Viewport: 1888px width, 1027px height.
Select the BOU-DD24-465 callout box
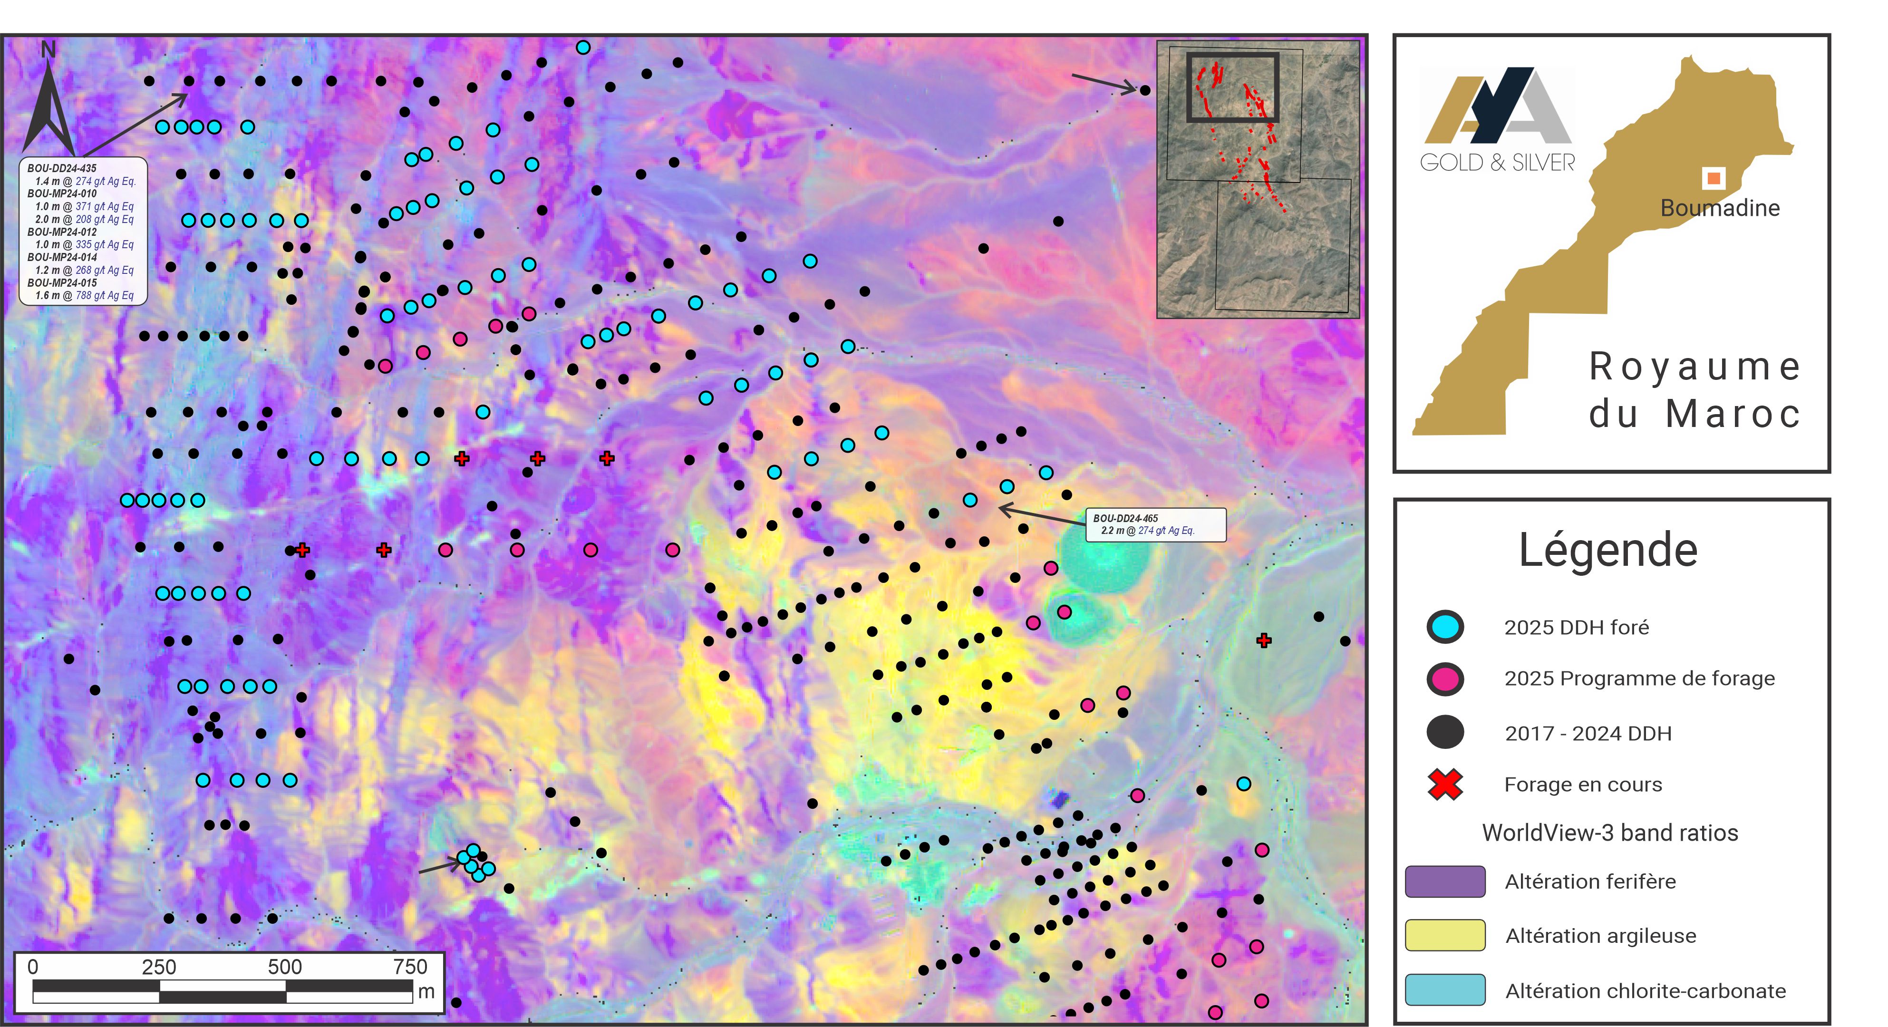1155,524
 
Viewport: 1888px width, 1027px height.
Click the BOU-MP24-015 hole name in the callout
62,282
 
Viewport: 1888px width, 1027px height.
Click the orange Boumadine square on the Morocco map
1713,177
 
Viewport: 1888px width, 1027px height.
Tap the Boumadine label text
1719,208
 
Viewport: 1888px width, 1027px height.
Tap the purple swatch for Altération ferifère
1444,881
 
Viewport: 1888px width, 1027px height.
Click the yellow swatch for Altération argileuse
1444,935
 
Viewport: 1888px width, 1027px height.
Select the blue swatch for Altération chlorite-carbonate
1444,989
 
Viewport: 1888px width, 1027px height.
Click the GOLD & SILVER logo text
1497,163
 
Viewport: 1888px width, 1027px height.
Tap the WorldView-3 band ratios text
1609,833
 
